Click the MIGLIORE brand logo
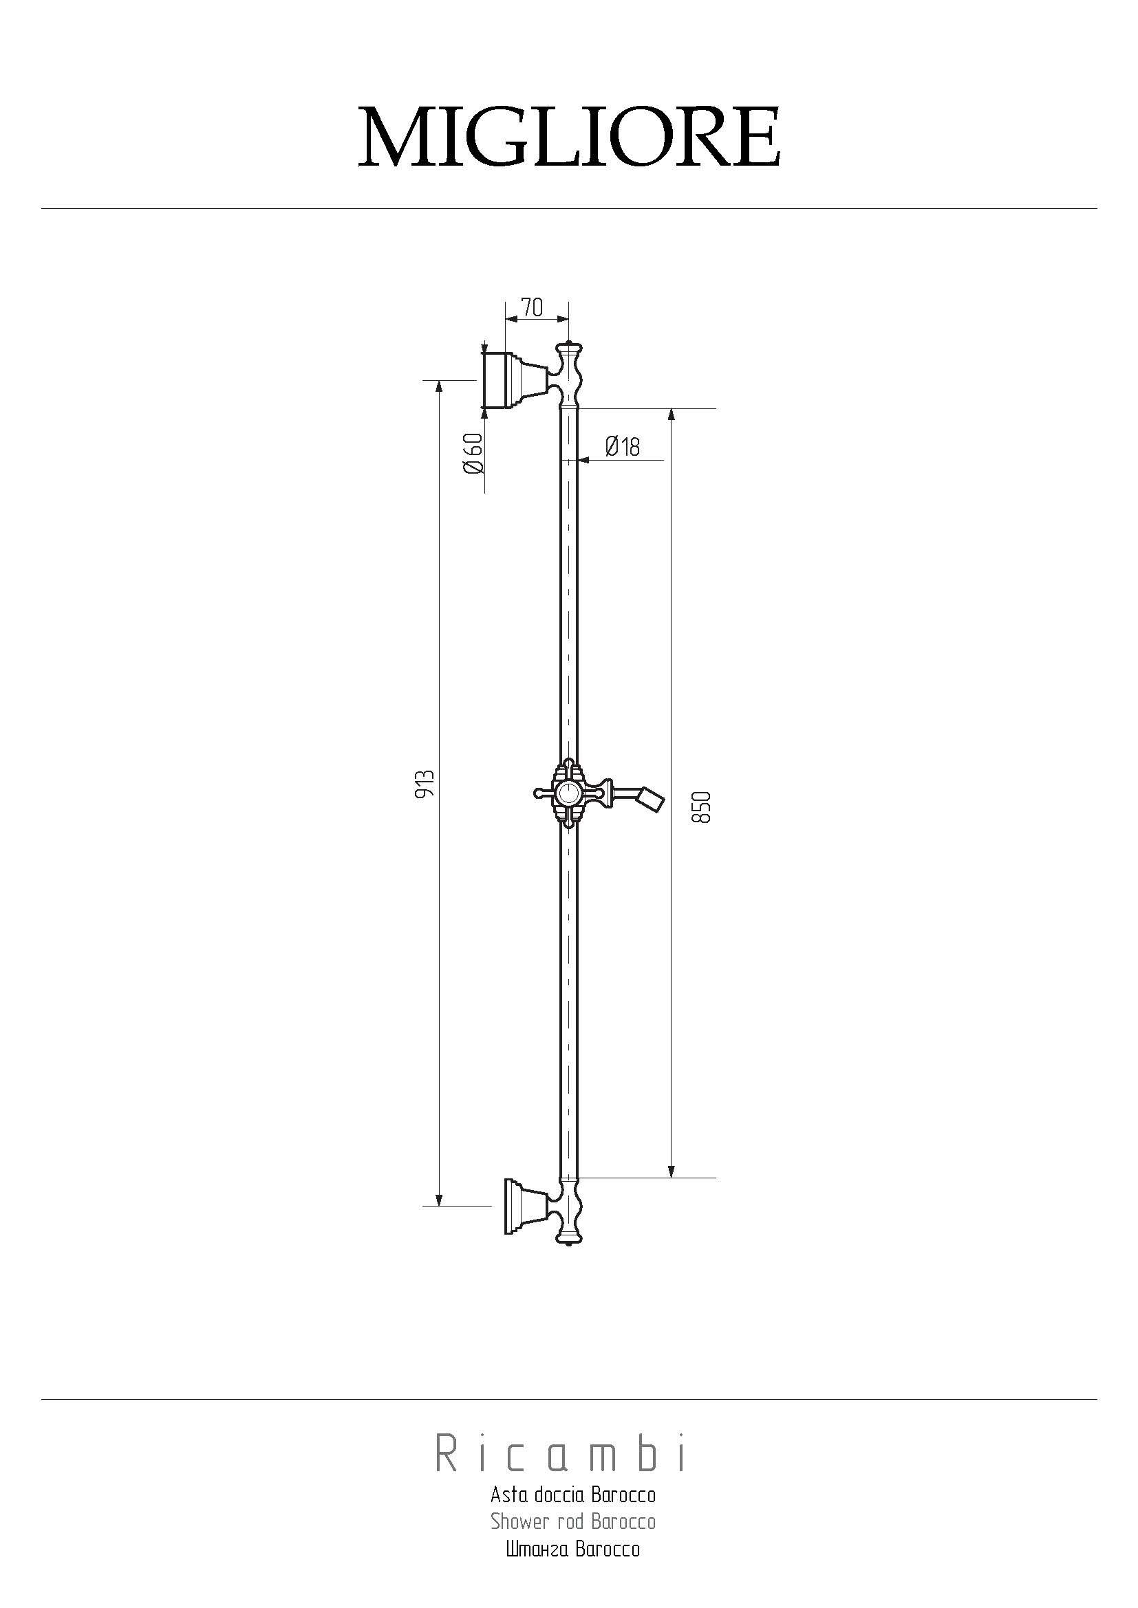(x=569, y=137)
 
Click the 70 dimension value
(x=533, y=307)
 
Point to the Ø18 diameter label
(x=622, y=446)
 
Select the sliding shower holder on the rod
(x=569, y=794)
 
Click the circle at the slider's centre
(x=568, y=794)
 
